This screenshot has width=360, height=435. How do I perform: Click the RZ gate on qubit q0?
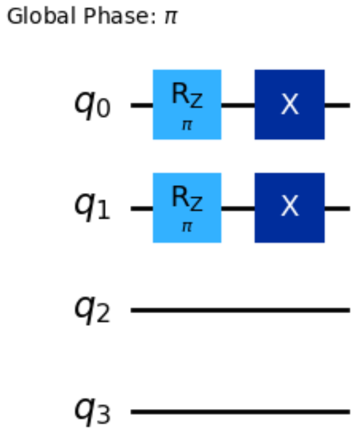click(187, 104)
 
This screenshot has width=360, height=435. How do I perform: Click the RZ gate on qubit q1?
click(187, 207)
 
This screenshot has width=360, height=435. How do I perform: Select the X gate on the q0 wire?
click(289, 104)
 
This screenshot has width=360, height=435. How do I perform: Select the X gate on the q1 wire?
click(289, 207)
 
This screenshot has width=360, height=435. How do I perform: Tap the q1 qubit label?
click(92, 208)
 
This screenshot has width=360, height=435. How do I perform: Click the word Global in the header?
click(28, 17)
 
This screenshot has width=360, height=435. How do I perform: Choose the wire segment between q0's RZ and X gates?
click(238, 105)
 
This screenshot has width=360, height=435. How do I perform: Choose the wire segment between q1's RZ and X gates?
click(238, 208)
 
